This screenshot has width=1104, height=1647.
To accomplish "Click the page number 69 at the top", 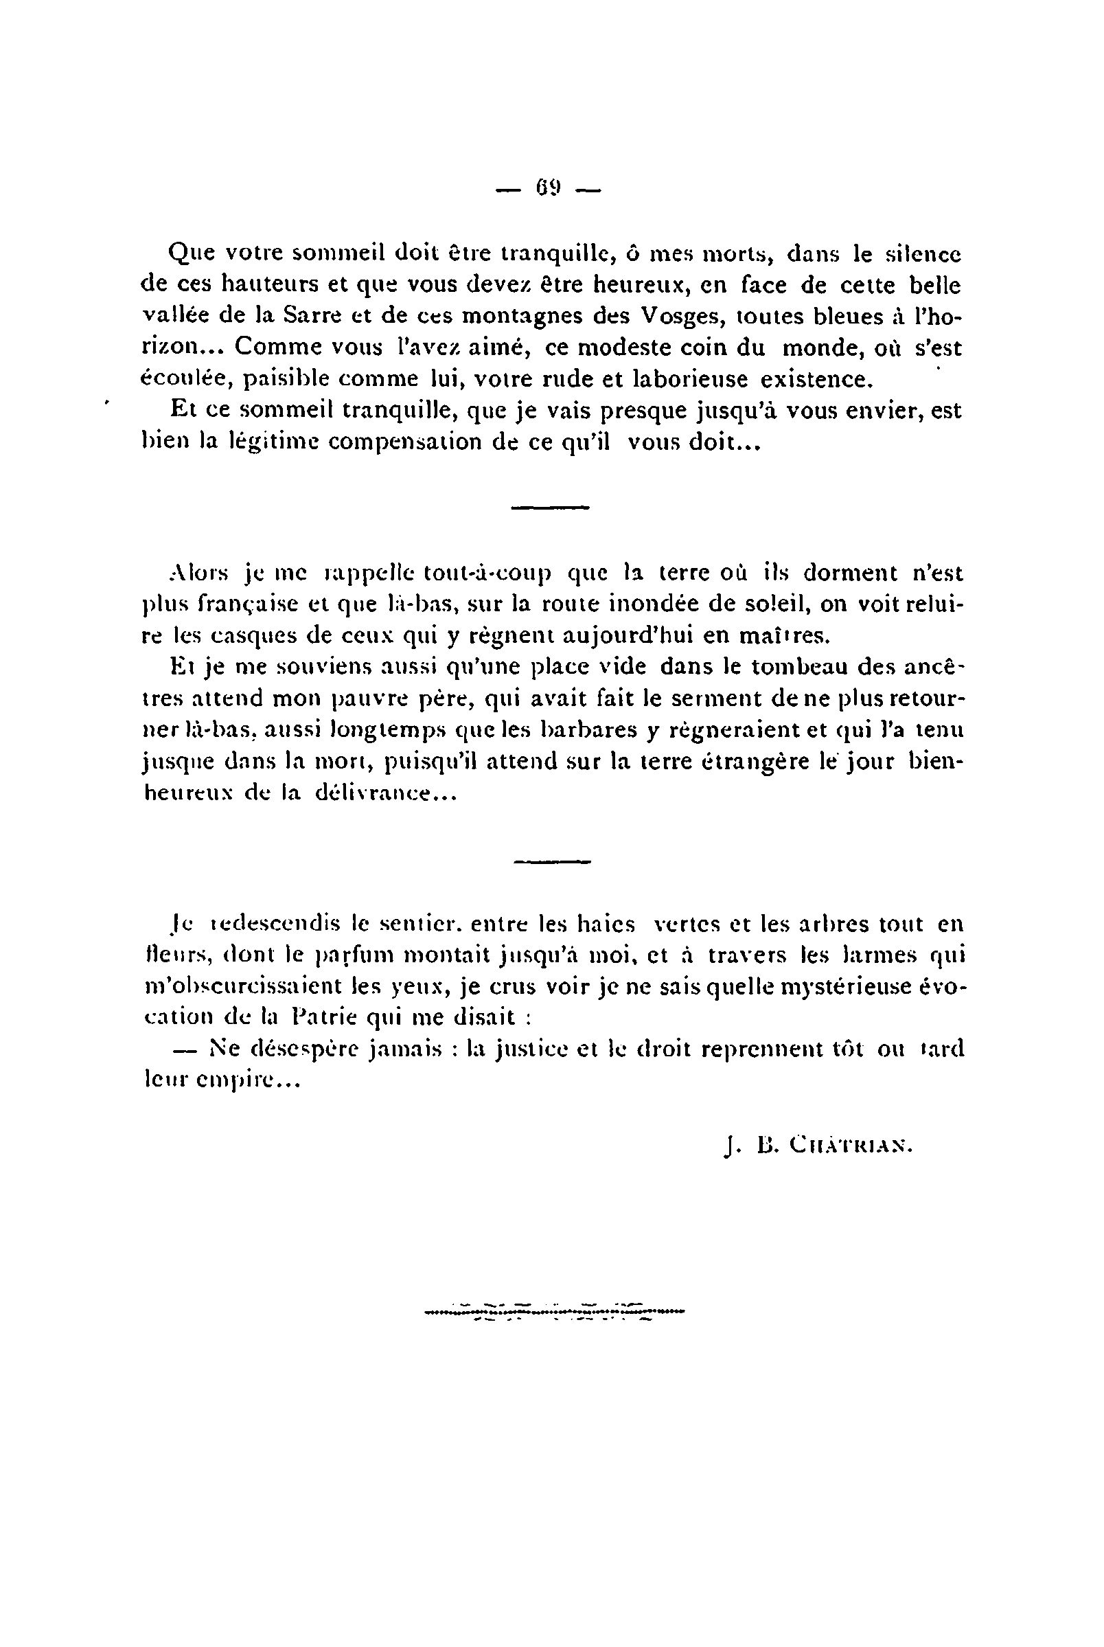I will tap(548, 189).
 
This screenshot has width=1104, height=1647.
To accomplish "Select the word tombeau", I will tap(795, 667).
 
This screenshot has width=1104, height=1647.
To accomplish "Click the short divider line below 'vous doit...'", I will tap(549, 507).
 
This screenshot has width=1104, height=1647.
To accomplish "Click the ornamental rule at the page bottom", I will tap(555, 1313).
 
